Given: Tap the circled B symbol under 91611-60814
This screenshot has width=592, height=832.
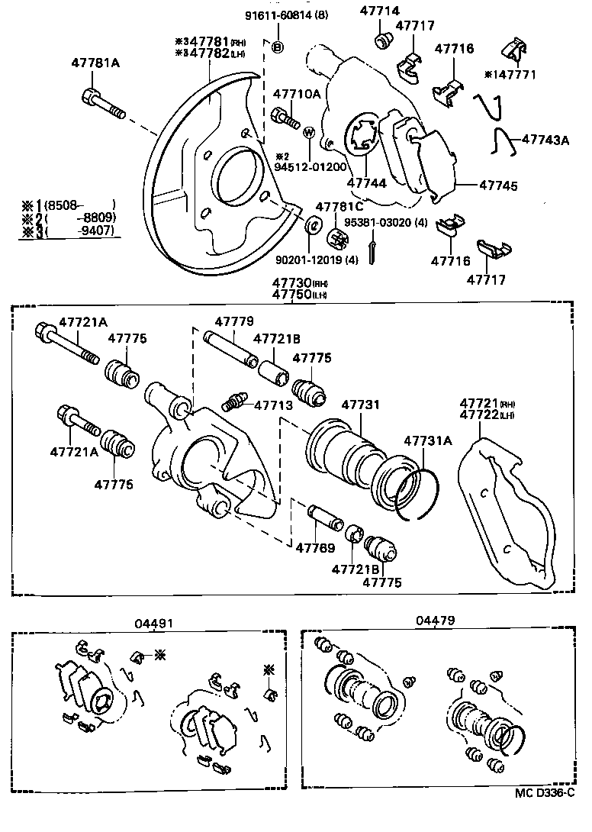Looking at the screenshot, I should (278, 47).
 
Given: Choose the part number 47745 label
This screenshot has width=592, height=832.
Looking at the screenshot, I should (497, 185).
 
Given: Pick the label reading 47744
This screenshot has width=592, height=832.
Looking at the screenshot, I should (366, 184).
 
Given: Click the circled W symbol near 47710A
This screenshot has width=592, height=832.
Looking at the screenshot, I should (309, 131).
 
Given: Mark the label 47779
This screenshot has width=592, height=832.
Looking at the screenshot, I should (233, 321).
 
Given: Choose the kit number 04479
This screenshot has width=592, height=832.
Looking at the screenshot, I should (435, 621).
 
